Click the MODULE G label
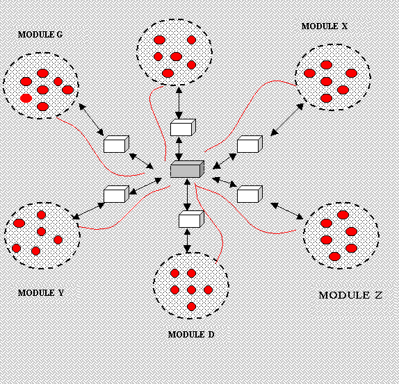pos(40,35)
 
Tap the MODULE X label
pos(324,26)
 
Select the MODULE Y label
pos(41,293)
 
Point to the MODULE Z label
pos(350,295)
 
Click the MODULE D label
pos(191,335)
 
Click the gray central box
pos(187,169)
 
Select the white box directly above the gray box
pos(183,128)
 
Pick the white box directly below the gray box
pos(191,219)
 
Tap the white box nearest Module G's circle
pos(116,144)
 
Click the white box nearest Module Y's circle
pos(116,194)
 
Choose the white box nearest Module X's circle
pos(250,144)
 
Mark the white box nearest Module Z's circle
pos(250,194)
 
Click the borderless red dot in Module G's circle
pos(26,98)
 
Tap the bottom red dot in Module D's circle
pos(191,307)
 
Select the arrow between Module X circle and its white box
pos(287,119)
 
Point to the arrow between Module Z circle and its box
pos(287,211)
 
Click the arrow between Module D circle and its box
pos(187,240)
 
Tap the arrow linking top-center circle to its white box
pos(179,103)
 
